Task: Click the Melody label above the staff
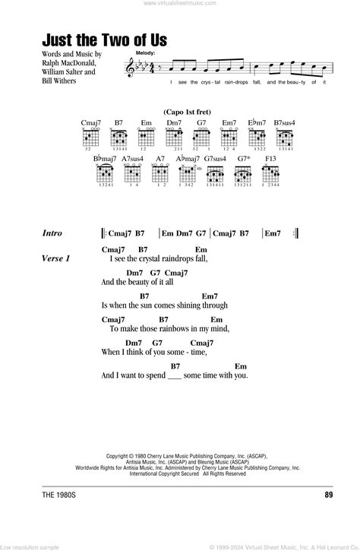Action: coord(146,53)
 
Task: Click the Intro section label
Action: coord(58,234)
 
